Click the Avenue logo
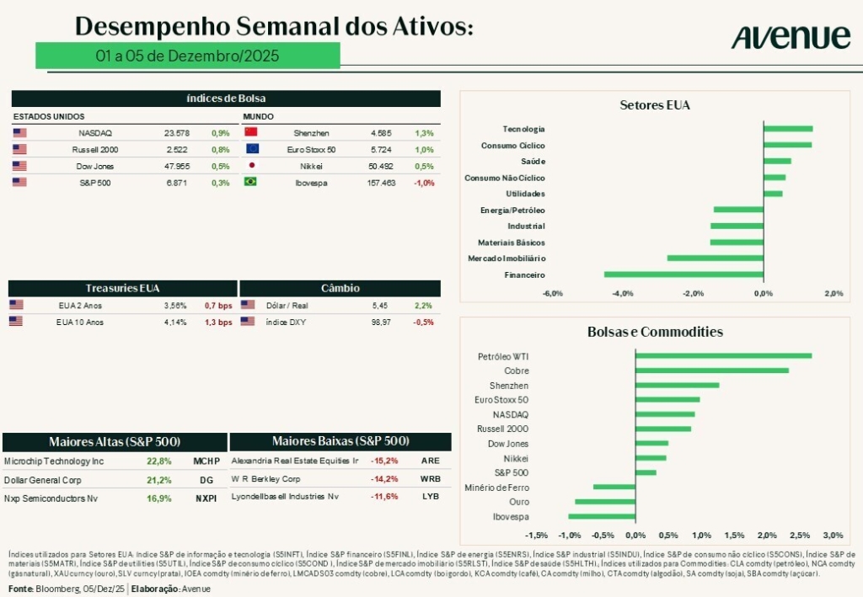791,36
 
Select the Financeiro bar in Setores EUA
683,275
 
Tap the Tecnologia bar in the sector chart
788,129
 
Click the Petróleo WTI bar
723,355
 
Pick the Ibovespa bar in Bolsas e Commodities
602,516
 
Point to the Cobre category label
516,370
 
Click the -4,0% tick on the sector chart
623,293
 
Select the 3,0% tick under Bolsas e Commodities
833,536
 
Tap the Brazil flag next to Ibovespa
250,182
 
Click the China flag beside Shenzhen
250,133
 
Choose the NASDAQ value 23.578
176,133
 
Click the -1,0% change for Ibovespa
424,183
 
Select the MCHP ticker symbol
206,461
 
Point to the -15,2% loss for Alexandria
385,461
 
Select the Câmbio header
340,288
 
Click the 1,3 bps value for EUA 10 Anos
218,322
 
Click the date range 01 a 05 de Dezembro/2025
187,56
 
